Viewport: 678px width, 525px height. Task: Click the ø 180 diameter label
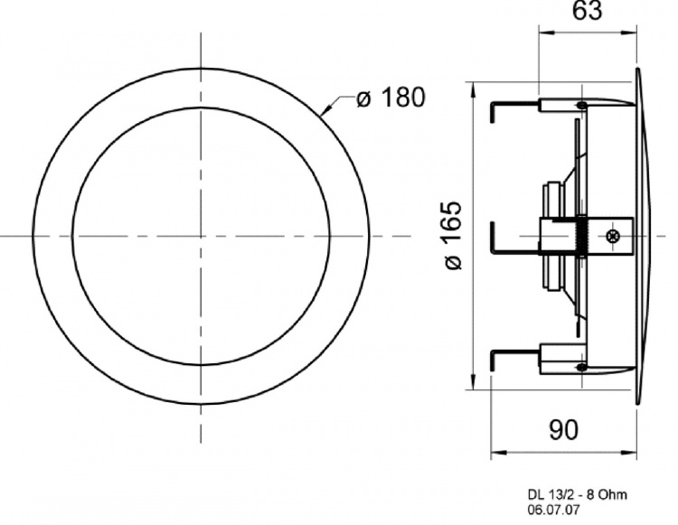(390, 98)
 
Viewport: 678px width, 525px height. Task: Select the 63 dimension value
(589, 13)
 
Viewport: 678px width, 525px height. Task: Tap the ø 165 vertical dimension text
(453, 235)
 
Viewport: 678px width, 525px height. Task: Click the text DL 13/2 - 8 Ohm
(576, 494)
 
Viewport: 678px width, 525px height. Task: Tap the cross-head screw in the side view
(615, 237)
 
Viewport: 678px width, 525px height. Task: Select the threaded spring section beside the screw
(581, 237)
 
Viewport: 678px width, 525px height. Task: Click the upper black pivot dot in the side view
(582, 107)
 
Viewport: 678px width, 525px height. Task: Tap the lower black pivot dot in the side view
(582, 366)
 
